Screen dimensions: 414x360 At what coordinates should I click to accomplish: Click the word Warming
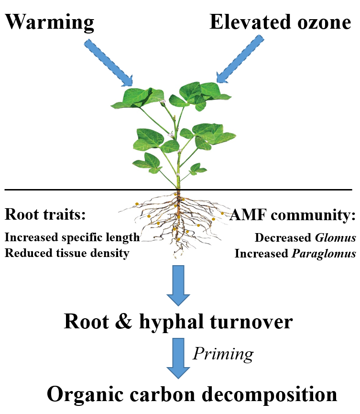49,22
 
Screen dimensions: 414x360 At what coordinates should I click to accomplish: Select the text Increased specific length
72,237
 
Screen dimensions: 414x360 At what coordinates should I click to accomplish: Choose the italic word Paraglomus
324,253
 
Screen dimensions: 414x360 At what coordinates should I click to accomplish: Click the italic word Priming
223,354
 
